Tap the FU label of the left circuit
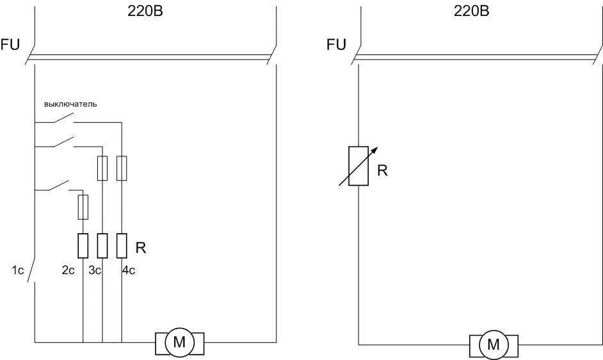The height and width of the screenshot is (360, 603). [x=11, y=44]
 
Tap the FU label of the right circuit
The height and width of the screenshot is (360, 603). [x=336, y=44]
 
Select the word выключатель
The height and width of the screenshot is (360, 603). [x=70, y=104]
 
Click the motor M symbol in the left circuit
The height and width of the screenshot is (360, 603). [x=179, y=343]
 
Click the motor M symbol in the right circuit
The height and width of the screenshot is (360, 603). [x=494, y=345]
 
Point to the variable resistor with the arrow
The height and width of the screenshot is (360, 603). [x=358, y=166]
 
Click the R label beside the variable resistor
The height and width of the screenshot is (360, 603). [x=383, y=171]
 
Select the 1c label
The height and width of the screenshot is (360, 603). [x=18, y=270]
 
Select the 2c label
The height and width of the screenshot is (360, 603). [x=68, y=270]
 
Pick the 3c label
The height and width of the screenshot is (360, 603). [x=95, y=270]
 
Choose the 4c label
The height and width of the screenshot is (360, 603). [x=129, y=270]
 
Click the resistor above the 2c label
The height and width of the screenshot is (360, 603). [x=83, y=245]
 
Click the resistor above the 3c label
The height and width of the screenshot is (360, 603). [x=102, y=245]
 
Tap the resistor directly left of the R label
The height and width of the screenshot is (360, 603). [x=121, y=245]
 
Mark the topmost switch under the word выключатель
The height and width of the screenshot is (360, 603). [x=60, y=119]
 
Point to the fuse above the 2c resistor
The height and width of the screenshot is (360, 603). [x=83, y=207]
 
